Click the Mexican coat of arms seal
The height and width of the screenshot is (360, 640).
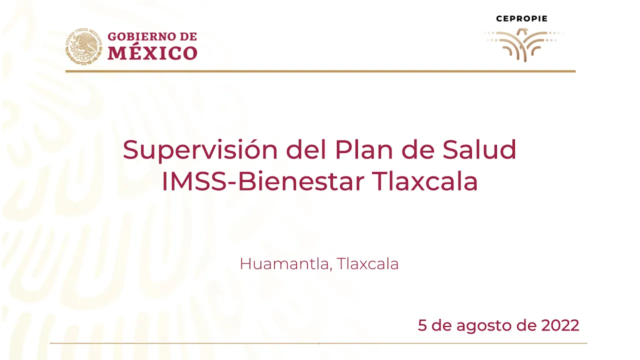coord(83,45)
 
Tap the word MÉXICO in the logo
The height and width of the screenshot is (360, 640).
coord(152,53)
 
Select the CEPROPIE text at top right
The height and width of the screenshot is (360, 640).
coord(521,19)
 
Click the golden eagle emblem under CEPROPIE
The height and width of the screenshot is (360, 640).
coord(524,44)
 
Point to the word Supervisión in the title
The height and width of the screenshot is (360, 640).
coord(200,150)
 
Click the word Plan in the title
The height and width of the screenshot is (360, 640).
coord(363,149)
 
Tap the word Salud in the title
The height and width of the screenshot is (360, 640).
coord(479,149)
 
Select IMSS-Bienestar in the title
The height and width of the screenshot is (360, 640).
coord(263,181)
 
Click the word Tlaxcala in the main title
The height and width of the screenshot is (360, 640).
coord(425,181)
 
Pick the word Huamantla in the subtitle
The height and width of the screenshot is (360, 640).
coord(284,263)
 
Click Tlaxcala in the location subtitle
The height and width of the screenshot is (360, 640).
coord(367,263)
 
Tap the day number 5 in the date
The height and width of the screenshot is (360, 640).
coord(422,325)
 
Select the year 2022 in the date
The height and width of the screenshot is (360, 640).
coord(560,325)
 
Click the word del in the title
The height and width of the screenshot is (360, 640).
coord(306,149)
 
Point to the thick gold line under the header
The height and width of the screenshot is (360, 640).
coord(320,71)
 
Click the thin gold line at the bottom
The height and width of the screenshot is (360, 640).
coord(318,343)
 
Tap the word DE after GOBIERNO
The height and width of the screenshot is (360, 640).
coord(188,36)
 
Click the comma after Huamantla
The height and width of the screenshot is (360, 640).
coord(330,269)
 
